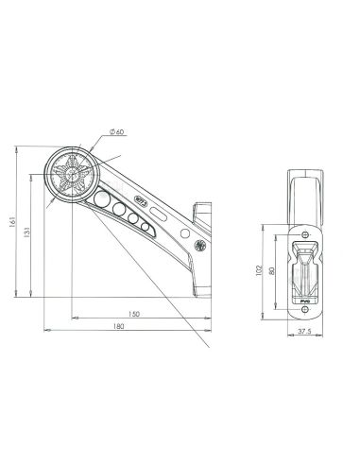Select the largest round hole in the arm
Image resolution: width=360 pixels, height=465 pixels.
pyautogui.click(x=103, y=199)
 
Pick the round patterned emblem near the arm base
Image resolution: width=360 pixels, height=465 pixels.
pyautogui.click(x=199, y=246)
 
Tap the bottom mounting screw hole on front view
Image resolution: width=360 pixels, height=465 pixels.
pyautogui.click(x=305, y=307)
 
